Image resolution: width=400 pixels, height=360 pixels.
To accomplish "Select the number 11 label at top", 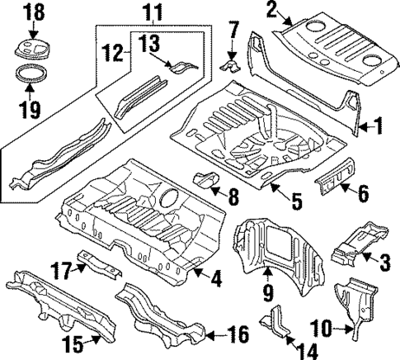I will tap(151, 12).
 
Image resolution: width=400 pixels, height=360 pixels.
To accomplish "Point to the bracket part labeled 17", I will tap(96, 262).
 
